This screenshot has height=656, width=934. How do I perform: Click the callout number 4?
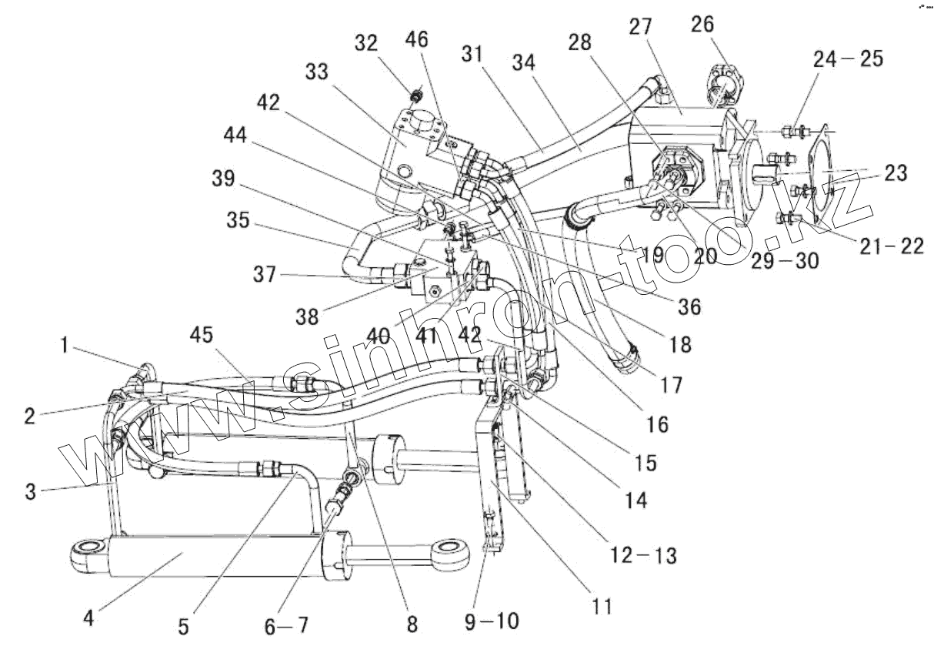(x=88, y=618)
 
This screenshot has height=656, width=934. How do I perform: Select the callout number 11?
(x=602, y=606)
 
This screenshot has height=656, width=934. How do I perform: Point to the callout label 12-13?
(x=643, y=555)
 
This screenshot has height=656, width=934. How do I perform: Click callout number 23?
(x=896, y=172)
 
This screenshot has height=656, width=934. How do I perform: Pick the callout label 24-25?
(x=849, y=59)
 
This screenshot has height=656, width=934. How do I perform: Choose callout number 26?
(x=702, y=24)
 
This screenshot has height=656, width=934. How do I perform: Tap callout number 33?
(x=317, y=72)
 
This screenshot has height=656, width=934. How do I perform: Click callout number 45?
(x=202, y=335)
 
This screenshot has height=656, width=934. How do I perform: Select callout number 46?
(x=417, y=39)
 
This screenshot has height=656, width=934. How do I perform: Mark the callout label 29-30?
(x=786, y=261)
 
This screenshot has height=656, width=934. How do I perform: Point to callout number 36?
(x=689, y=307)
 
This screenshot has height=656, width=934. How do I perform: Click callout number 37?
(x=265, y=274)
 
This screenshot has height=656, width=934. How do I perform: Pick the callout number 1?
(x=64, y=345)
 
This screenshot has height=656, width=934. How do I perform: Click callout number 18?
(x=680, y=345)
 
